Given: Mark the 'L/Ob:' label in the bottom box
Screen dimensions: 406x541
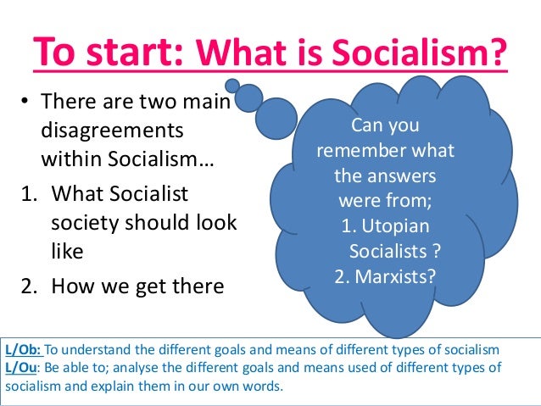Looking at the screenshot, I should coord(23,349).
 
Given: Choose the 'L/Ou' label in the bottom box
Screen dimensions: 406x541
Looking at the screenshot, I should coord(21,367).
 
